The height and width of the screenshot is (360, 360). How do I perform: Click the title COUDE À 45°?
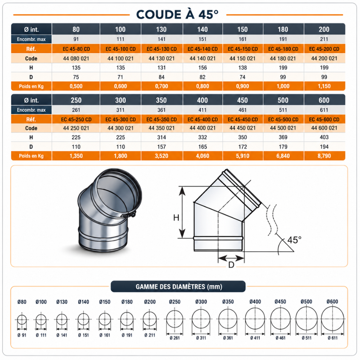point(177,14)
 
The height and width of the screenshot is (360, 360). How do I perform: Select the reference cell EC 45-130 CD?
point(162,49)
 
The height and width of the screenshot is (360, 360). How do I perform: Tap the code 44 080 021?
point(76,59)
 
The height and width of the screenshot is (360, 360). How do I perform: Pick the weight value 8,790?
point(324,156)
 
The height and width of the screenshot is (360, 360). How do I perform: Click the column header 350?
point(161,100)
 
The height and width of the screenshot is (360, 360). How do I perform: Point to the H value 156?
point(202,68)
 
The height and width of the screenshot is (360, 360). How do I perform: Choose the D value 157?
point(161,147)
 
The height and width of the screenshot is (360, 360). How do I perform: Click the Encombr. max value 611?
point(324,110)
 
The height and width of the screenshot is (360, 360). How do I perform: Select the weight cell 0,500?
point(76,86)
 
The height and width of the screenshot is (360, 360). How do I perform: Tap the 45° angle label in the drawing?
point(294,240)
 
